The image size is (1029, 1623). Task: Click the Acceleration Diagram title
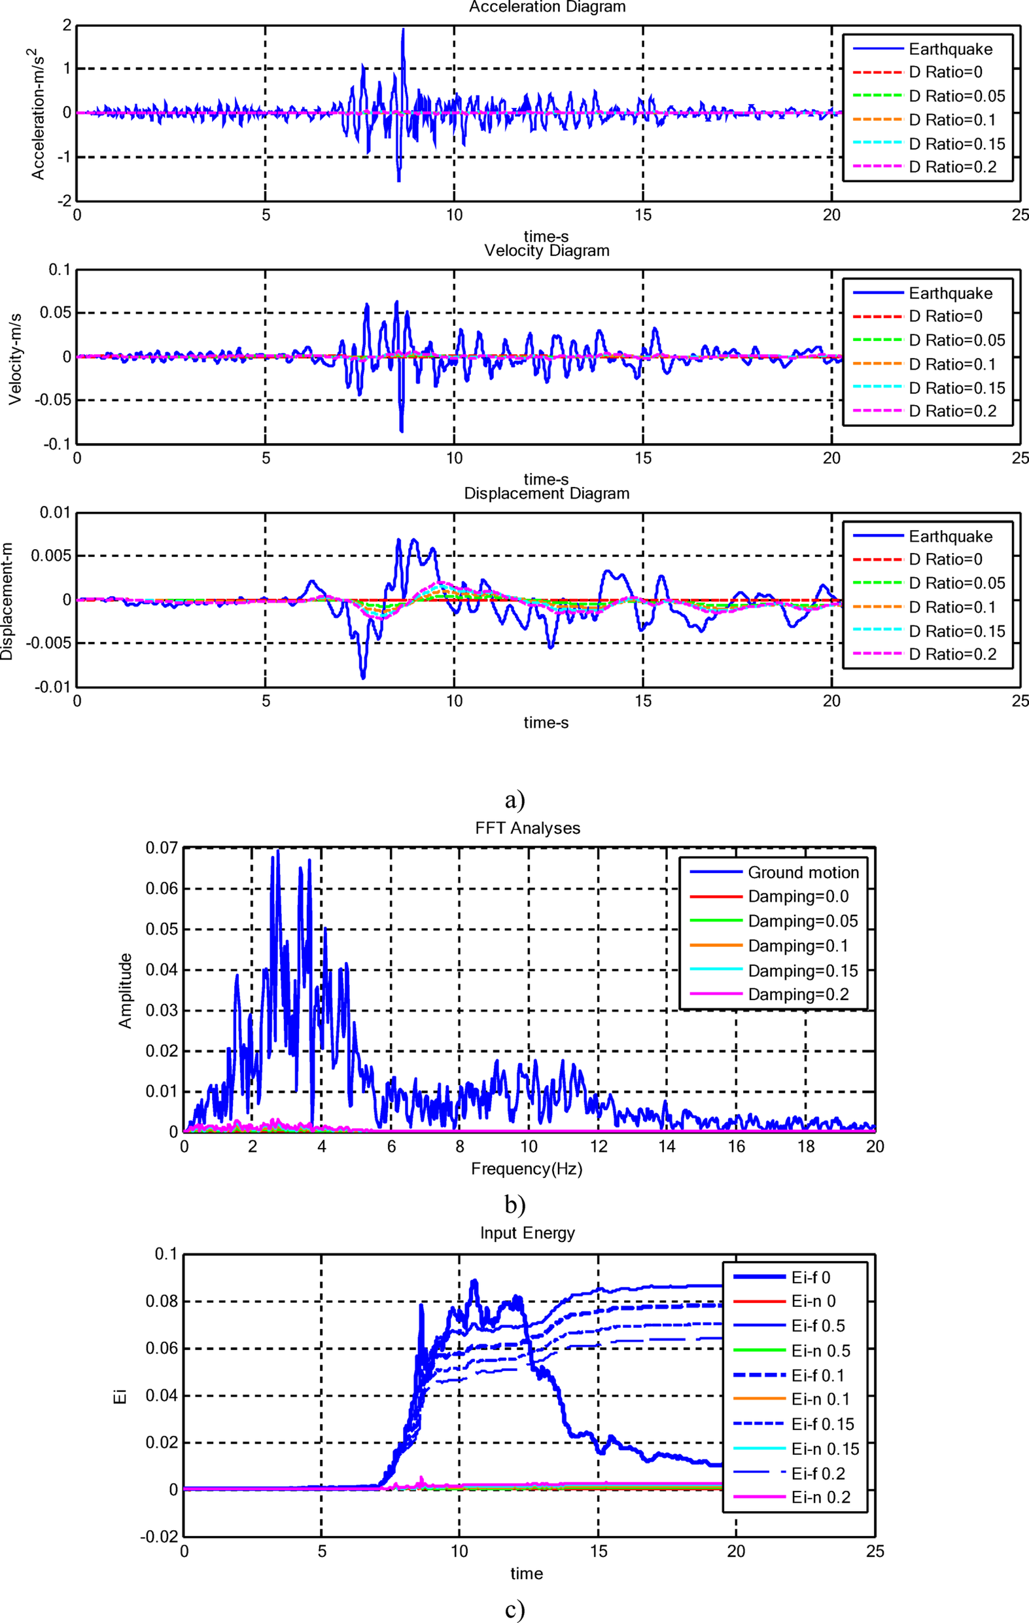547,7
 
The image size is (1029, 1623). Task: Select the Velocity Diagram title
546,251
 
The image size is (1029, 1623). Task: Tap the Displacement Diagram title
546,493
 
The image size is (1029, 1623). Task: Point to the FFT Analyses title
528,829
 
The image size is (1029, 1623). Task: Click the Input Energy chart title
528,1234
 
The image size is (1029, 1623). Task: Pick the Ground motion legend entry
803,873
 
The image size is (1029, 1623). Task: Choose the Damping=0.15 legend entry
803,971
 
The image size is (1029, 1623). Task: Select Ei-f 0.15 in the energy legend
822,1424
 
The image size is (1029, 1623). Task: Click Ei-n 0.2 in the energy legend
821,1497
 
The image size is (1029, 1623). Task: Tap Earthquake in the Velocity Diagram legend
950,293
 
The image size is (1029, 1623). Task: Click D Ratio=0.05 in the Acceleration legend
956,96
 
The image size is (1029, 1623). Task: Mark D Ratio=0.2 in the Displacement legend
952,654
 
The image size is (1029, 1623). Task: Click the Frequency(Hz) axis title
527,1169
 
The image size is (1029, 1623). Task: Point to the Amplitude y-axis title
126,991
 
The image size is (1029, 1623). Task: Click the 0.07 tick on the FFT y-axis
162,848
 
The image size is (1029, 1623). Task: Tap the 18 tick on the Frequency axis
806,1147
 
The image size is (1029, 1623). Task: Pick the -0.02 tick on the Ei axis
160,1537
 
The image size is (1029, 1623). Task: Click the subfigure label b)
514,1205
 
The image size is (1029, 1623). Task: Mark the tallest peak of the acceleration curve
403,29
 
